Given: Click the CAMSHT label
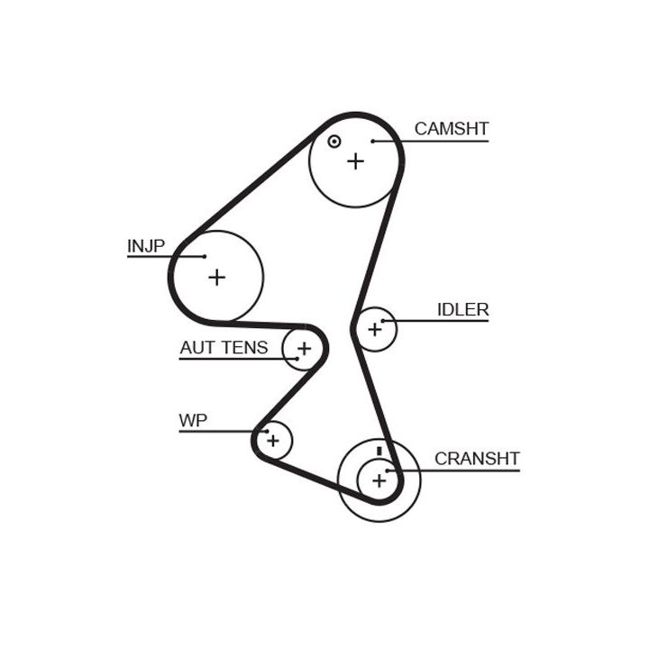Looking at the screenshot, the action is coord(452,129).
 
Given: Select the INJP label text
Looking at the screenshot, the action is coord(146,246).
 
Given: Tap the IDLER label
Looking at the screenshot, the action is coord(462,309).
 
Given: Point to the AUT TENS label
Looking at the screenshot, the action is coord(224,347).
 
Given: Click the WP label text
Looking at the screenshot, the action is coord(193,420).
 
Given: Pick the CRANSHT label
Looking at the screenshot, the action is coord(477,459).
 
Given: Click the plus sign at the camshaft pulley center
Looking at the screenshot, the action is coord(355,161).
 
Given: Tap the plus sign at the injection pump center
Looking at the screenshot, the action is coord(217,277).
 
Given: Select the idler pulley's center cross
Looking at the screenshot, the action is coord(375,330).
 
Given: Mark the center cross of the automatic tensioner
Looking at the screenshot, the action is coord(305,349).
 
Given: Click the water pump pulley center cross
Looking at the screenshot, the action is coord(273,441).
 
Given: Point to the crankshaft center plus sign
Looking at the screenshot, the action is coord(379,481).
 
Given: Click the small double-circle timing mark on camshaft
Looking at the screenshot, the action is coord(334,142).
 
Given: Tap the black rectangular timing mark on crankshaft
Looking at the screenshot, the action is coord(379,452).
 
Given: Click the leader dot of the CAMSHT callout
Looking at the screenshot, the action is coord(373,142).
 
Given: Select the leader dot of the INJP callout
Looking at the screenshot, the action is coord(205,257).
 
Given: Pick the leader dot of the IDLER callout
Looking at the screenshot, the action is coord(383,321).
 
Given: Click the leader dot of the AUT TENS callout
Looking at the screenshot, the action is coord(297,359).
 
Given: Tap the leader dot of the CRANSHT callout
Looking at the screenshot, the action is coord(388,471).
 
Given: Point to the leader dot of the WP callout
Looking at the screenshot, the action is coord(267,431).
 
